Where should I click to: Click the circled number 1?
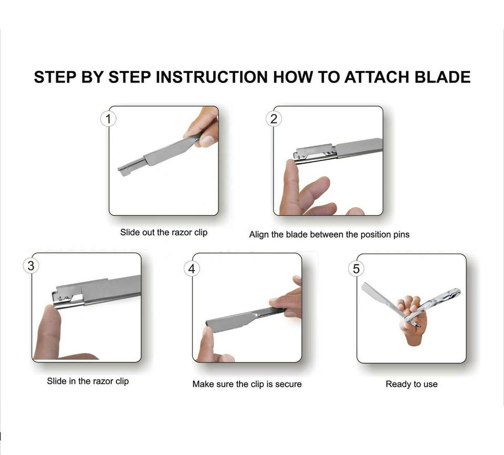pyautogui.click(x=108, y=119)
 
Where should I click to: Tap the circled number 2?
pyautogui.click(x=274, y=119)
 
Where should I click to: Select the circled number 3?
pyautogui.click(x=31, y=266)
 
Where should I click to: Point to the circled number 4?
pyautogui.click(x=192, y=268)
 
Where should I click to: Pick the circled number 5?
pyautogui.click(x=356, y=268)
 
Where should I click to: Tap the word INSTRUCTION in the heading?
pyautogui.click(x=212, y=77)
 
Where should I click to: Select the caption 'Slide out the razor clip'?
pyautogui.click(x=164, y=232)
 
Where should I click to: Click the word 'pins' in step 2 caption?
pyautogui.click(x=401, y=234)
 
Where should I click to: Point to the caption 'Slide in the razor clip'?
pyautogui.click(x=88, y=381)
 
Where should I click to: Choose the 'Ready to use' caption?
pyautogui.click(x=412, y=384)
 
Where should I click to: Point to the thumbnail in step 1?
pyautogui.click(x=207, y=141)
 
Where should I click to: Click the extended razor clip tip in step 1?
pyautogui.click(x=123, y=171)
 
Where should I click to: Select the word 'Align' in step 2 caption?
pyautogui.click(x=259, y=235)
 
